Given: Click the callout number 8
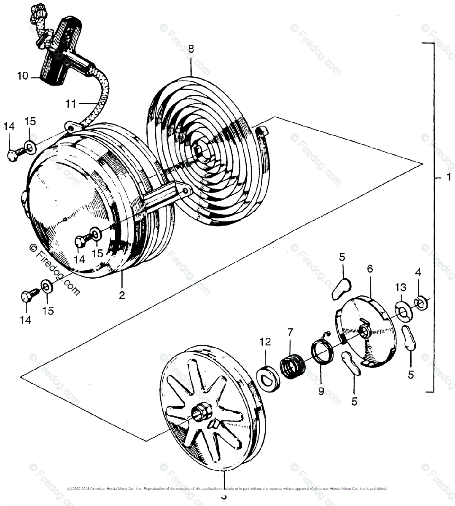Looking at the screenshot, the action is click(191, 49).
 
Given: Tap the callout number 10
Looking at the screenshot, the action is click(22, 76).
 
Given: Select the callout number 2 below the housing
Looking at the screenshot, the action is click(122, 295).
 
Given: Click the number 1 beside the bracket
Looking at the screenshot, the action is click(449, 178).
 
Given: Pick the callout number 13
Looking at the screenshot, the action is click(401, 288).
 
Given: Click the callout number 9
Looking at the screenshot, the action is click(321, 391).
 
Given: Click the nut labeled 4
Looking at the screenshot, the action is click(421, 303).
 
